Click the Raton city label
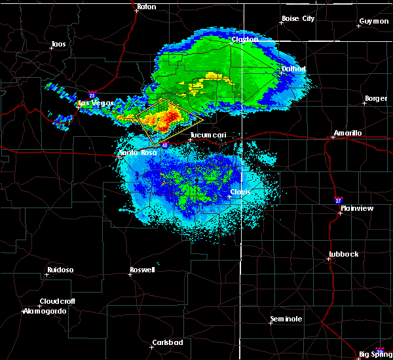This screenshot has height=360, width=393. click(x=147, y=7)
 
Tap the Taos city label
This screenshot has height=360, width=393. click(x=58, y=45)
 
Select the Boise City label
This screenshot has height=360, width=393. click(x=298, y=18)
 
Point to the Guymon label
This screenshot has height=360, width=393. click(x=373, y=21)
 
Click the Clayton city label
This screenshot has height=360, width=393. click(x=244, y=39)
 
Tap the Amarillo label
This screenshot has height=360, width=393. click(x=347, y=133)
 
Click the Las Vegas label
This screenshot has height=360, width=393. click(x=96, y=103)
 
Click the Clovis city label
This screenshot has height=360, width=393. click(x=240, y=192)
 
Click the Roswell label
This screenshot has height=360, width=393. click(x=142, y=270)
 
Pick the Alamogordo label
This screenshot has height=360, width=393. click(x=45, y=311)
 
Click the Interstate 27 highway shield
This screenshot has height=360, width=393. click(x=338, y=200)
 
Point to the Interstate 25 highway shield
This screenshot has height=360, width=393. click(x=91, y=95)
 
